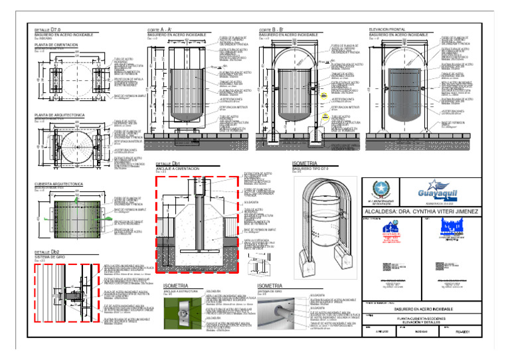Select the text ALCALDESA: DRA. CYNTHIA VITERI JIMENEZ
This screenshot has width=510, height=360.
pos(420,211)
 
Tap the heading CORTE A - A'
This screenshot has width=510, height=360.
pos(160,30)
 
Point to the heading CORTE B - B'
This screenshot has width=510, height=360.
pos(272,30)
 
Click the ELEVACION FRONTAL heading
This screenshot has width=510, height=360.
pos(388,30)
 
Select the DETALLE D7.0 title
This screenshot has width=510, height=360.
pos(47,30)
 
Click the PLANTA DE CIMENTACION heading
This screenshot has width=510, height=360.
pos(56,45)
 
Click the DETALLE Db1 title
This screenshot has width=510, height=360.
pos(168,164)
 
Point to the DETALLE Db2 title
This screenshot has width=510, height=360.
pos(47,252)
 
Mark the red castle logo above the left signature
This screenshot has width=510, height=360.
pos(390,230)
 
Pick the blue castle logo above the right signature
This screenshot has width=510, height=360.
pos(454,230)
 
